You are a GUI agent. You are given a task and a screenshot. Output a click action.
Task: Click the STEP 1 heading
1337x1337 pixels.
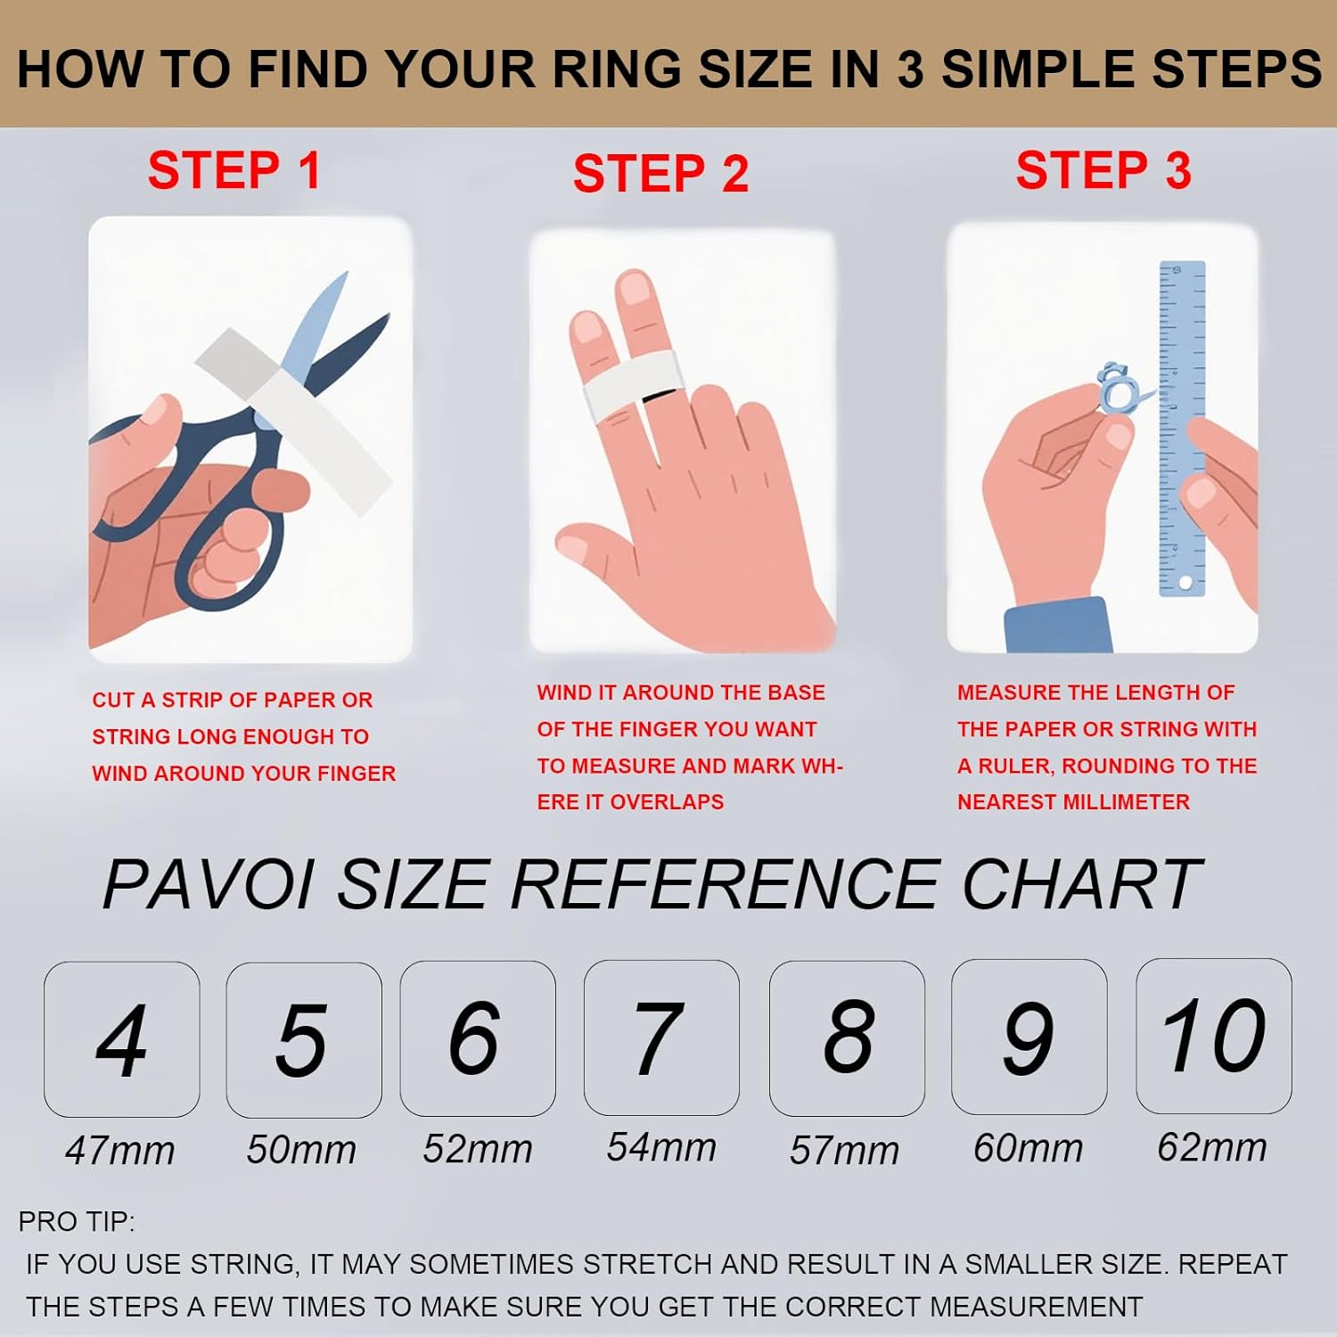pos(234,170)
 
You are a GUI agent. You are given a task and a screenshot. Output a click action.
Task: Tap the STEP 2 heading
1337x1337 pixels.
pos(660,173)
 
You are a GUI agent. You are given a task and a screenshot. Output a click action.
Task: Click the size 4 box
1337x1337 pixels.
pos(122,1039)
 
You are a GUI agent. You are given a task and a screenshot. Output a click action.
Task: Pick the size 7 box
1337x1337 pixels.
pos(660,1038)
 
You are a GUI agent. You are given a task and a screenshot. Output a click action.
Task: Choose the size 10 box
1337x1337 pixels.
pos(1213,1036)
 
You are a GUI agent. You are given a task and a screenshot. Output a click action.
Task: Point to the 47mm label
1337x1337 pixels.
pos(120,1151)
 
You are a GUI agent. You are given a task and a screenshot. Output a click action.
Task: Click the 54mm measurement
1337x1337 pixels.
pos(661,1147)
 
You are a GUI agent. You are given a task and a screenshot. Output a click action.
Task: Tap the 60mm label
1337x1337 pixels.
pos(1028,1148)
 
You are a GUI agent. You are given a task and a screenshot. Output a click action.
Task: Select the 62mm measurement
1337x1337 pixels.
pos(1212,1147)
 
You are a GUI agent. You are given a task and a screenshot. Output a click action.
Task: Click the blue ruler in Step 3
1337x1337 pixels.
pos(1182,428)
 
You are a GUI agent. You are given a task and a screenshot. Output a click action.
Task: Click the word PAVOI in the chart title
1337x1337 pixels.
pos(209,885)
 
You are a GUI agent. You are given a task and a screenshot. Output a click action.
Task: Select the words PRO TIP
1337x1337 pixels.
pos(77,1221)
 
